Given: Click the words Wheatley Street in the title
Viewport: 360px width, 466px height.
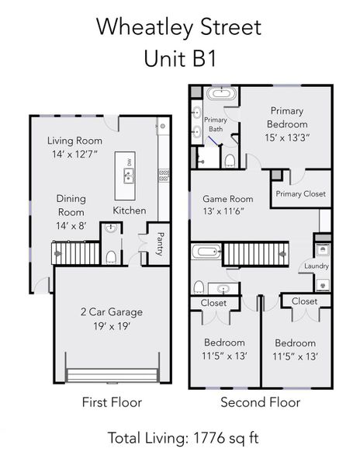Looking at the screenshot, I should click(179, 27).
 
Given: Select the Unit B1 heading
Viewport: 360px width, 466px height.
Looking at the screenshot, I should click(179, 58).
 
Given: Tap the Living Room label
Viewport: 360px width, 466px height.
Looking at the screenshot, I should click(74, 141).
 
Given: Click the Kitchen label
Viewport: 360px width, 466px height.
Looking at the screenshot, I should click(129, 210).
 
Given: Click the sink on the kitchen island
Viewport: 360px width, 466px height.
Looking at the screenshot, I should click(129, 174).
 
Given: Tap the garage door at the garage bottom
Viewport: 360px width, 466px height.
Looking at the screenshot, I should click(112, 375).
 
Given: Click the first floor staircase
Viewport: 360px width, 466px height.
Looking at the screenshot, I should click(76, 253).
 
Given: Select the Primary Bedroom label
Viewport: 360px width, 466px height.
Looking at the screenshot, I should click(286, 117).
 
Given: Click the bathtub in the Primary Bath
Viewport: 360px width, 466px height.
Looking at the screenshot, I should click(223, 94).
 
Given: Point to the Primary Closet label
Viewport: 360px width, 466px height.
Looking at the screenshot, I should click(301, 194).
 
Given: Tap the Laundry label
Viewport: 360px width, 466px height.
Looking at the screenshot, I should click(317, 266).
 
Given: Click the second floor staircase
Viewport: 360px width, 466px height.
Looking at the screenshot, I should click(255, 253).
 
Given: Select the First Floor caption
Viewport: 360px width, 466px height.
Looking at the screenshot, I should click(112, 402).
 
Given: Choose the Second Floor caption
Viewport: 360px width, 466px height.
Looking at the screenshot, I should click(260, 402).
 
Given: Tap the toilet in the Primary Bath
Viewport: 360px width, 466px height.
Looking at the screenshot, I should click(230, 160).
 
